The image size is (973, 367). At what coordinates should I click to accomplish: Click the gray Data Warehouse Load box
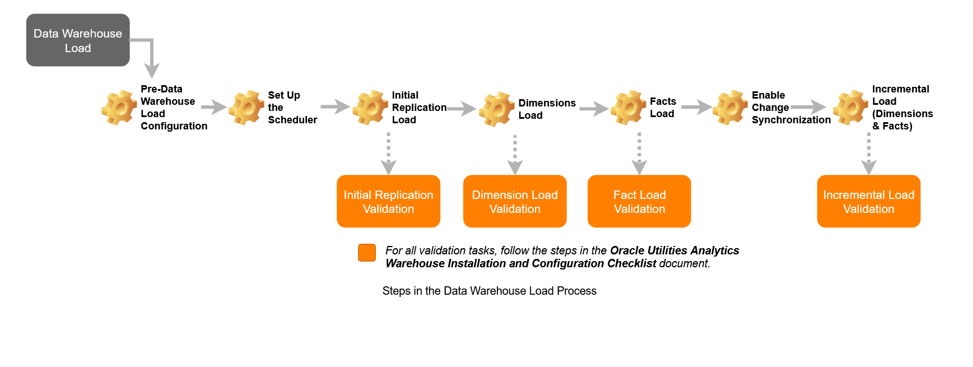pos(78,40)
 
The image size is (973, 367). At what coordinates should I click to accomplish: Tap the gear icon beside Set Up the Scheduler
pos(246,107)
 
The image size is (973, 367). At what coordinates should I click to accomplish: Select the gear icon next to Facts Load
pos(628,107)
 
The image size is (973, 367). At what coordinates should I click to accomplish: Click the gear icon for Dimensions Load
pos(496,109)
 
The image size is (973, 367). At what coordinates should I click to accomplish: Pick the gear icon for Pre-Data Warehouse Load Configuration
pos(119,107)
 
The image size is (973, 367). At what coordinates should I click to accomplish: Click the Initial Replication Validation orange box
pos(388,201)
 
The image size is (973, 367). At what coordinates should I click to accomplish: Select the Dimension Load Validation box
pos(515,201)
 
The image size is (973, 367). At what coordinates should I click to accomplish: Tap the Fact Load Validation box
pos(639,201)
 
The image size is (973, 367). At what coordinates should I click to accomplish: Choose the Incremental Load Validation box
pos(868,201)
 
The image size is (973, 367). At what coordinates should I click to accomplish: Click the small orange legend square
pos(367,253)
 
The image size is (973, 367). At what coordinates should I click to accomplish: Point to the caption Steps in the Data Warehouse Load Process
pos(489,291)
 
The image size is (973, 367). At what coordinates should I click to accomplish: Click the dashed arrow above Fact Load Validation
pos(639,153)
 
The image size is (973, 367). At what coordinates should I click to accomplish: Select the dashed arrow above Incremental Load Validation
pos(868,153)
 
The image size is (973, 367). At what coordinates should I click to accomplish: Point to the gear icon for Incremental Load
pos(850,107)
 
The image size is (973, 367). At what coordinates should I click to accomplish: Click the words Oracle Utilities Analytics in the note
pos(674,250)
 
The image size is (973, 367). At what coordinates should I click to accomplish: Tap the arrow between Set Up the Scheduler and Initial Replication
pos(335,106)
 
